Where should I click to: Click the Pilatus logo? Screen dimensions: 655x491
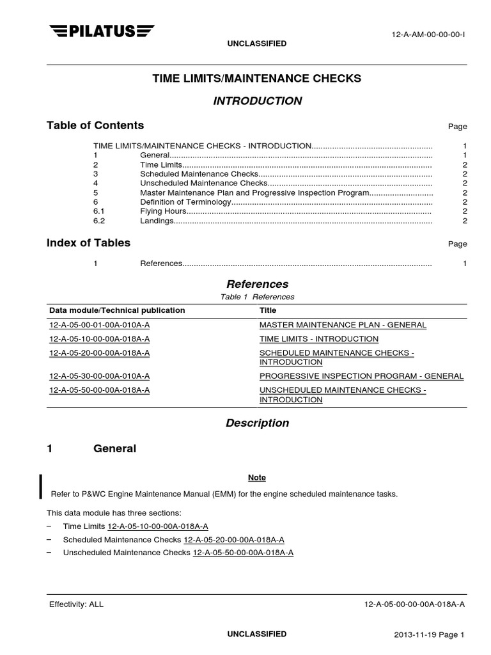point(102,30)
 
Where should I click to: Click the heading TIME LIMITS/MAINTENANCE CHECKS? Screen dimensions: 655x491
point(256,78)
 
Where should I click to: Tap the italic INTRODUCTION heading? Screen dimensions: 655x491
point(256,101)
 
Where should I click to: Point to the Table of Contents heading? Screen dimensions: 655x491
point(95,125)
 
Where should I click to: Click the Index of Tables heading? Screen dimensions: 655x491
point(88,243)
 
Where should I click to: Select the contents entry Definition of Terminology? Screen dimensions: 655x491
point(185,202)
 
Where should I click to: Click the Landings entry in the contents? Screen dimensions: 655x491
point(157,221)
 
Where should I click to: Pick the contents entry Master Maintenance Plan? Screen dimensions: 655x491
point(254,193)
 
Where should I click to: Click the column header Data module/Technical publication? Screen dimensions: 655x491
point(118,310)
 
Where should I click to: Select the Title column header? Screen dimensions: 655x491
point(268,310)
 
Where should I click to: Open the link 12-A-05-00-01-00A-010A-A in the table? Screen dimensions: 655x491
point(100,325)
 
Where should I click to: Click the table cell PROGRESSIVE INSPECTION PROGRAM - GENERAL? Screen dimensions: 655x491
point(361,376)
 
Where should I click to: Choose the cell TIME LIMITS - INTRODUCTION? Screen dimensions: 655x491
point(318,339)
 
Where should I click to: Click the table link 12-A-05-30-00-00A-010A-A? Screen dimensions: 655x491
point(100,376)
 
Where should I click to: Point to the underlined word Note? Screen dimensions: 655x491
point(256,478)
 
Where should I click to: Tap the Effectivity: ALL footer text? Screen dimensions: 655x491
point(76,604)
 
